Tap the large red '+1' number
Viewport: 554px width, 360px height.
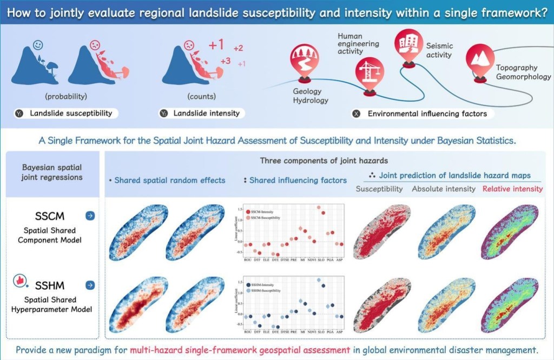216,45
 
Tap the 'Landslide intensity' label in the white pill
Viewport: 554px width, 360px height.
206,114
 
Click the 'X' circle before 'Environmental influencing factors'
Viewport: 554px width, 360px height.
355,114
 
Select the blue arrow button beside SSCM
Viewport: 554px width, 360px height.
90,216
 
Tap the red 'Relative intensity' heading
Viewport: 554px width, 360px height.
513,189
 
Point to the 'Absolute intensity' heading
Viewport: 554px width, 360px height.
444,189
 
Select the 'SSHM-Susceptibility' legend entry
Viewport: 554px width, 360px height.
268,291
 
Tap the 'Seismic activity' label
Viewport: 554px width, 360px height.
439,51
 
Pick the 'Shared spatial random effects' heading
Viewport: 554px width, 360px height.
169,180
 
